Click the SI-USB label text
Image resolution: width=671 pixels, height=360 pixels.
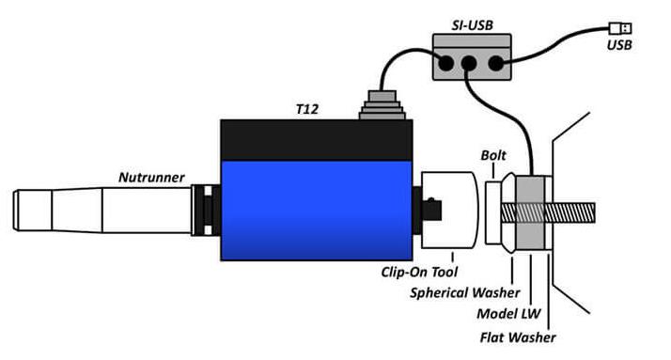(x=473, y=25)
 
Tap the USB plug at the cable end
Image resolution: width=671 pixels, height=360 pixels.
(x=620, y=28)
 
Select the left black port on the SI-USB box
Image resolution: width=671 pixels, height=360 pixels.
(x=445, y=63)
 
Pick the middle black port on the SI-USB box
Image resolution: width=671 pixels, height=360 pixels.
(x=469, y=63)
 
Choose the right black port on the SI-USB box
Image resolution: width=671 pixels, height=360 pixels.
(x=496, y=63)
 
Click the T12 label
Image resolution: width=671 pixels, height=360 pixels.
(x=307, y=110)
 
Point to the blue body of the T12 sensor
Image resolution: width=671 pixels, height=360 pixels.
(x=317, y=211)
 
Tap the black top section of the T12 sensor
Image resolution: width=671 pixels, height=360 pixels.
(x=317, y=140)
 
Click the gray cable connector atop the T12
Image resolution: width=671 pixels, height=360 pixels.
(x=382, y=105)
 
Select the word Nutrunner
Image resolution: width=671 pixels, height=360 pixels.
(x=151, y=178)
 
